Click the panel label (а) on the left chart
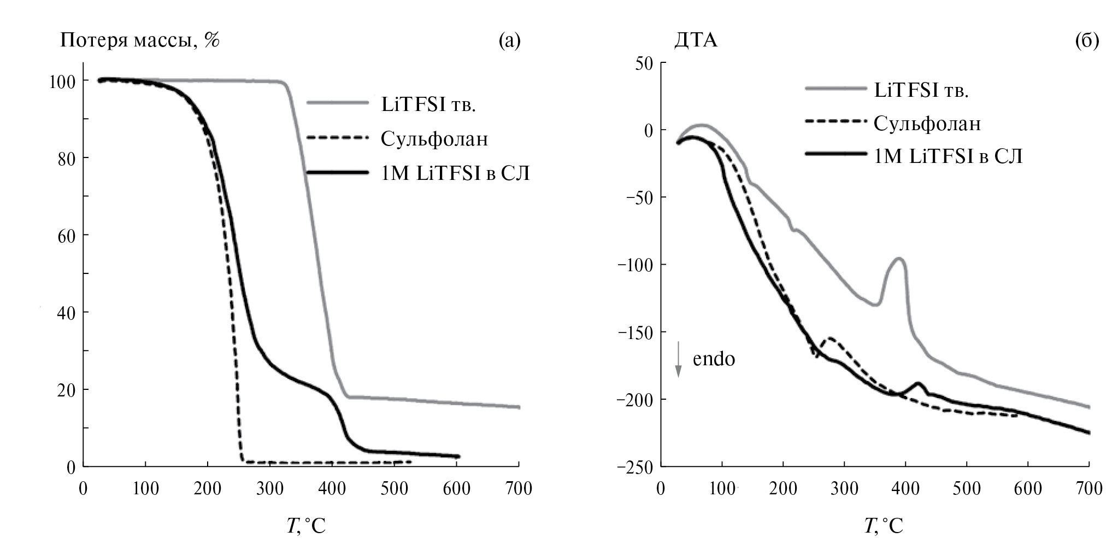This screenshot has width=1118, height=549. pos(509,41)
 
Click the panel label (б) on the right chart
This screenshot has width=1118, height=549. pos(1087,41)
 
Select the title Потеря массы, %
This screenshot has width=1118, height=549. pos(140,41)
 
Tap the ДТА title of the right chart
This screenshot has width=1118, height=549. pos(696,41)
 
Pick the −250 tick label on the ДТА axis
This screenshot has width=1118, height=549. pos(634,467)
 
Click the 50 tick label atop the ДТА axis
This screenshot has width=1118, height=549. pos(643,63)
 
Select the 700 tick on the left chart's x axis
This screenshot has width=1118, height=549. pos(519,488)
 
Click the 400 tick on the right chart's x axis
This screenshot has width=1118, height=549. pos(905,488)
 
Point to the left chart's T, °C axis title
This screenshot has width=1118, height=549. pos(306,526)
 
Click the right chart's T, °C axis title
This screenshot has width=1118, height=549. pos(884,526)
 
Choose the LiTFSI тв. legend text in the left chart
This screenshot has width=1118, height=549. pos(428,105)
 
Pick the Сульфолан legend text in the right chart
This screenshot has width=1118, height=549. pos(927,124)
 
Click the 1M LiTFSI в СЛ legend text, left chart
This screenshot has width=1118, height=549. pos(455,173)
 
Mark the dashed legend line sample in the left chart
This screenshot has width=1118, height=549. pos(337,138)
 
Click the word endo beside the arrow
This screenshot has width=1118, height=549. pos(714,359)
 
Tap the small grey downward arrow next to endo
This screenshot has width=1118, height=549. pos(678,359)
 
